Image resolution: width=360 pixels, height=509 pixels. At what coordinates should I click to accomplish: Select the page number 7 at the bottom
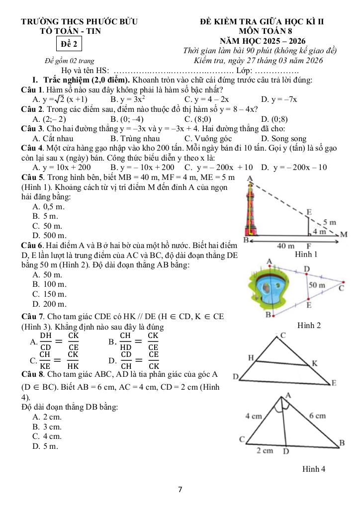pyautogui.click(x=180, y=490)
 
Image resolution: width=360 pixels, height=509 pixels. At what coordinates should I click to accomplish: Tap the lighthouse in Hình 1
pyautogui.click(x=251, y=209)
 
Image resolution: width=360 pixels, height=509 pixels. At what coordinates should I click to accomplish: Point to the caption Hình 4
pyautogui.click(x=313, y=468)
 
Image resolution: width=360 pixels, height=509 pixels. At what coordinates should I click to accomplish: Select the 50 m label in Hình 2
pyautogui.click(x=317, y=285)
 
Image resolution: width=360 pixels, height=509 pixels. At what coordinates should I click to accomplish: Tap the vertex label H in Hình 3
pyautogui.click(x=251, y=357)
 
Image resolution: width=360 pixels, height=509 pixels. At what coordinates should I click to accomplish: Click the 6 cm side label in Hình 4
pyautogui.click(x=317, y=415)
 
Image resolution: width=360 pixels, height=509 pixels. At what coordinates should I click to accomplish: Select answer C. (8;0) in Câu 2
pyautogui.click(x=197, y=119)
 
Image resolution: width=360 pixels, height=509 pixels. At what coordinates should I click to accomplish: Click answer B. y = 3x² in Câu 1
pyautogui.click(x=128, y=99)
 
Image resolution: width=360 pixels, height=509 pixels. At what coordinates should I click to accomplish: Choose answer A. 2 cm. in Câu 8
pyautogui.click(x=47, y=417)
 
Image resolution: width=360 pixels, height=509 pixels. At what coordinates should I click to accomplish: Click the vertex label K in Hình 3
pyautogui.click(x=314, y=363)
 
